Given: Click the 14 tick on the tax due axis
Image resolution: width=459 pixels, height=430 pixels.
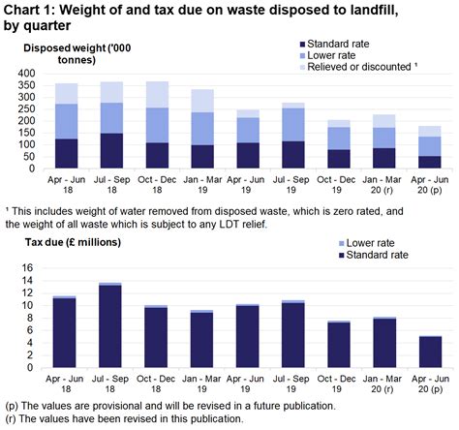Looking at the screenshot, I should [x=28, y=282].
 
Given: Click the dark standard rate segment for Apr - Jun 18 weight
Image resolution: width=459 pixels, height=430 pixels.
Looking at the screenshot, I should [x=66, y=154].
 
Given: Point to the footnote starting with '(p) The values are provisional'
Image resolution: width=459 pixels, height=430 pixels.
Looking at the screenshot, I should [x=179, y=405].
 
